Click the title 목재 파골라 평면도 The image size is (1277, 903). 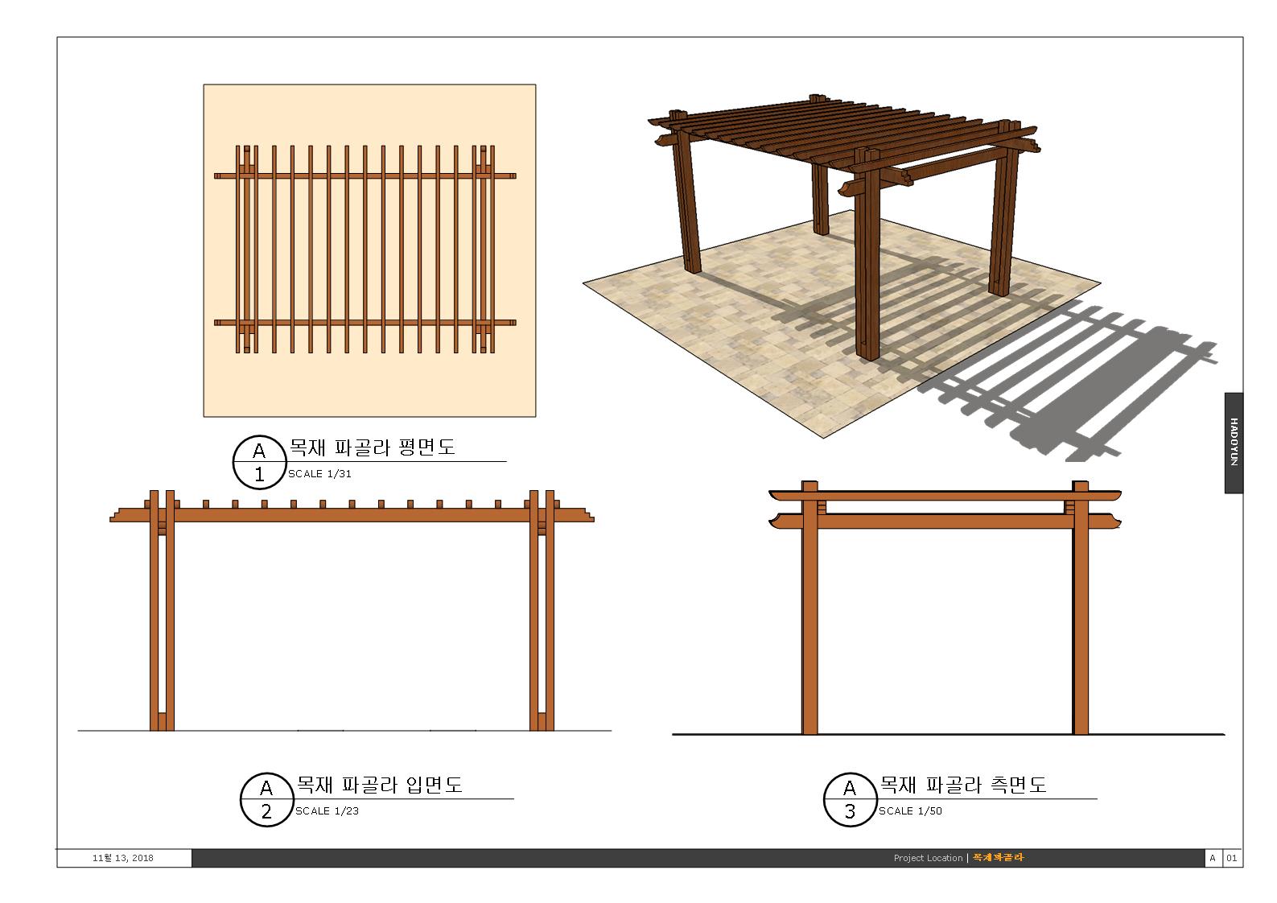(x=372, y=447)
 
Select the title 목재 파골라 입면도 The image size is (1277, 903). (x=379, y=785)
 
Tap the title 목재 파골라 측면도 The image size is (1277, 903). (x=963, y=785)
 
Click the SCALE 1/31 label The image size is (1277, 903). (x=319, y=474)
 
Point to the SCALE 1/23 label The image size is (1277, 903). (x=327, y=810)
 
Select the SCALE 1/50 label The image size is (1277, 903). (x=910, y=810)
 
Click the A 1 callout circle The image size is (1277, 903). (x=259, y=462)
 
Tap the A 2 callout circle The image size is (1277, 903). (x=266, y=800)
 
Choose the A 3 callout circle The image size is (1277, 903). (x=850, y=800)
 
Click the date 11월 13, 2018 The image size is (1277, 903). (x=122, y=858)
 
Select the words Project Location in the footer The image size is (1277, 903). (x=928, y=858)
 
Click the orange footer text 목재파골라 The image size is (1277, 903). (x=999, y=857)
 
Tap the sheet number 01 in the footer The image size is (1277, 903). (x=1231, y=858)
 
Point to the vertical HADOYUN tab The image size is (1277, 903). (x=1234, y=443)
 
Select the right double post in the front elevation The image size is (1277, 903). (x=542, y=610)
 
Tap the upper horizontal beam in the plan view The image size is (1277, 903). (x=365, y=176)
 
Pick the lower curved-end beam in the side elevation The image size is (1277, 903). (x=945, y=521)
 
